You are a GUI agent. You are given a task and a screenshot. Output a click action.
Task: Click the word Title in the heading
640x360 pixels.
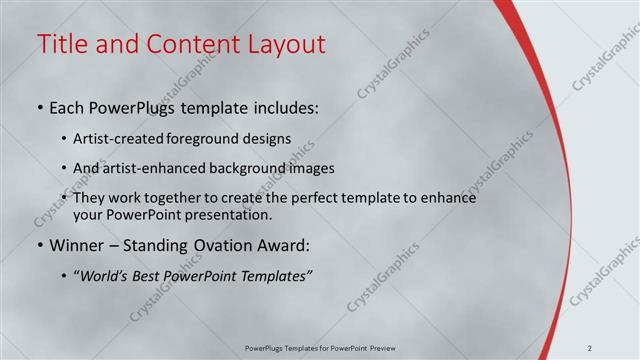(62, 44)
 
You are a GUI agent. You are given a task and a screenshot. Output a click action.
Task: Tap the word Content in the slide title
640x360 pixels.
(187, 44)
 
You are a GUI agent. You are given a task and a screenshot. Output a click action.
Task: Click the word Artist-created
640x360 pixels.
(128, 139)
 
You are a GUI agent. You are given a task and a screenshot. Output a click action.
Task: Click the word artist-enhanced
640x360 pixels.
(146, 168)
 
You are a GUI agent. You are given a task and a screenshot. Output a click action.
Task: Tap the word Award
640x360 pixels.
(284, 245)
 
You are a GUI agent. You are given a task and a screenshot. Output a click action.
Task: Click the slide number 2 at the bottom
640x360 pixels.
(619, 348)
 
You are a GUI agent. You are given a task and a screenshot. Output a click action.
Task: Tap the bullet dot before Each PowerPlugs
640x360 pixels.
(39, 106)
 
